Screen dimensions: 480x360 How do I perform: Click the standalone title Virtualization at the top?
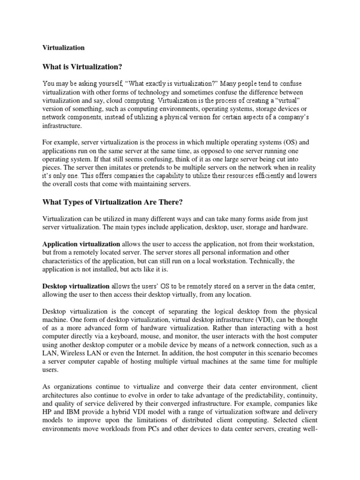click(64, 47)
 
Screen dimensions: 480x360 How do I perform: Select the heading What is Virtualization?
click(85, 66)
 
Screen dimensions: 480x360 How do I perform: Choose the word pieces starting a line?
click(52, 167)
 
